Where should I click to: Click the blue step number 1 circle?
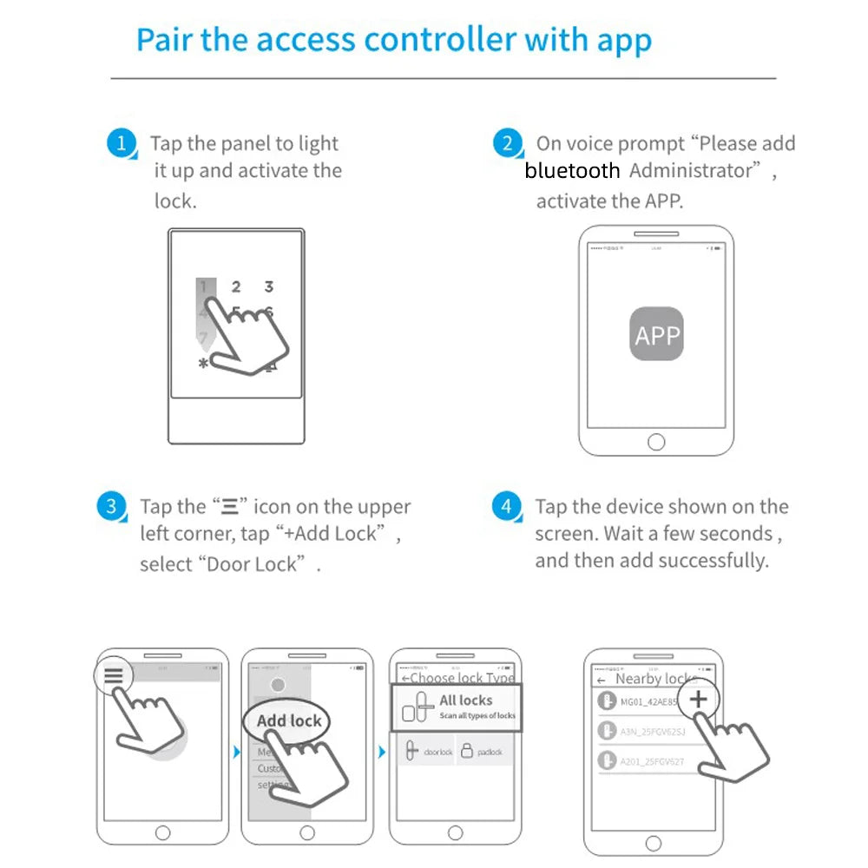pyautogui.click(x=122, y=143)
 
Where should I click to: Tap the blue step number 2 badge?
pyautogui.click(x=507, y=143)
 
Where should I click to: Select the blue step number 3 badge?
pyautogui.click(x=110, y=506)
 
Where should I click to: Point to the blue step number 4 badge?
pyautogui.click(x=507, y=506)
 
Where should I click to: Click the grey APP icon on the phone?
pyautogui.click(x=656, y=335)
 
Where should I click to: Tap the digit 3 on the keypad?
pyautogui.click(x=269, y=286)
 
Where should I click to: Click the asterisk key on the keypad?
pyautogui.click(x=203, y=365)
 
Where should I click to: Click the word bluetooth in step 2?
pyautogui.click(x=572, y=171)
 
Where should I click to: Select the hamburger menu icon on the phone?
pyautogui.click(x=114, y=676)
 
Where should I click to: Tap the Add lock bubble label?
pyautogui.click(x=289, y=720)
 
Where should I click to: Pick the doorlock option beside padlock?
pyautogui.click(x=429, y=752)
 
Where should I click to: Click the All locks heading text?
pyautogui.click(x=465, y=700)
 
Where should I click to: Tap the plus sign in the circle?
pyautogui.click(x=699, y=700)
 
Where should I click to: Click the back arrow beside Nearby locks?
pyautogui.click(x=602, y=681)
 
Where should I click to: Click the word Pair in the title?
pyautogui.click(x=165, y=40)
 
